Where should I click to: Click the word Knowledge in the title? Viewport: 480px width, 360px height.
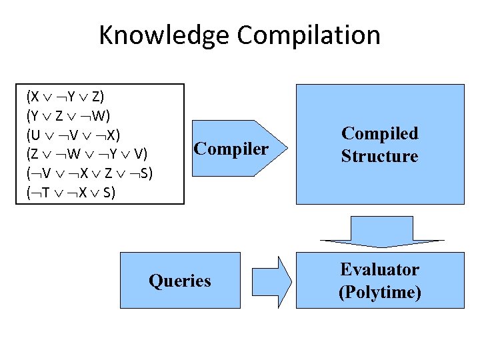[x=159, y=35]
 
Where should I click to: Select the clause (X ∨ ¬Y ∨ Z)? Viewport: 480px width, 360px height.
[x=65, y=97]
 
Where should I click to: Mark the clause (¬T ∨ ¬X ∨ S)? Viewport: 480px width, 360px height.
[x=71, y=193]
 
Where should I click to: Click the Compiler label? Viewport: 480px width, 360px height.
[x=231, y=148]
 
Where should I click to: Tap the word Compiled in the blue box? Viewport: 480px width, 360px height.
[x=379, y=133]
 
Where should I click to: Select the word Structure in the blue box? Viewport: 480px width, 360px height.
[x=379, y=157]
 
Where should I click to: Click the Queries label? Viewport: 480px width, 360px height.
[x=180, y=281]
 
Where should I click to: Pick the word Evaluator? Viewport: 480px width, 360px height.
[x=379, y=270]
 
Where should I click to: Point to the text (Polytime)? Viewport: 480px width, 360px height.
[x=379, y=292]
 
